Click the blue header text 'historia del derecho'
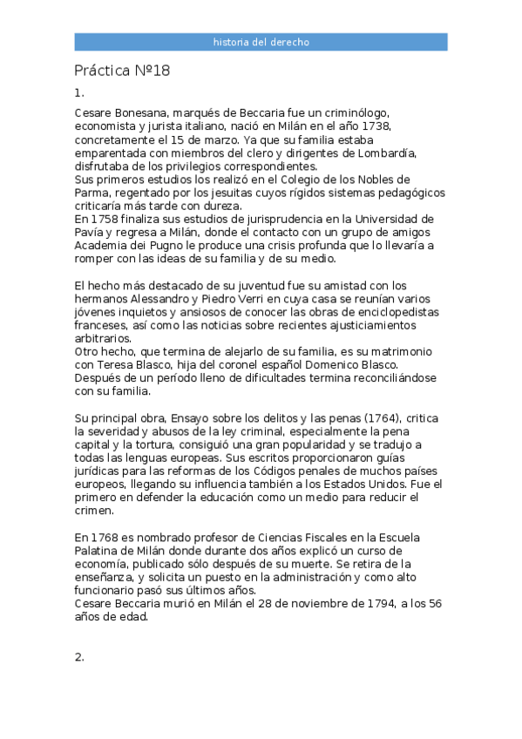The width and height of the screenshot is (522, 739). coord(261,42)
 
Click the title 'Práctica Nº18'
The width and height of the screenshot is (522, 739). coord(122,71)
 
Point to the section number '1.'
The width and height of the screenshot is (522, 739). coord(79,92)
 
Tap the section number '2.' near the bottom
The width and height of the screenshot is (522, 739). coord(79,657)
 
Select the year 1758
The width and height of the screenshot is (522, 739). coord(108,219)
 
